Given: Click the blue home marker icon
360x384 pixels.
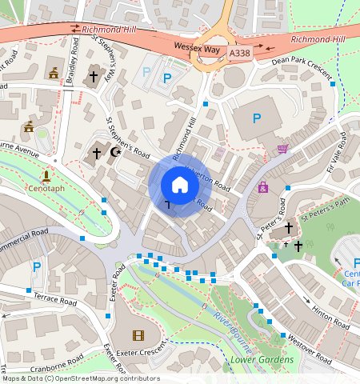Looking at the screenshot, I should pos(180,185).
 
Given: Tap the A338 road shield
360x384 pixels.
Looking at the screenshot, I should pos(239,53).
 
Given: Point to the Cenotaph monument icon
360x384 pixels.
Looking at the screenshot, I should pos(46,175).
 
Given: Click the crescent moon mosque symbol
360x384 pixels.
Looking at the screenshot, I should pos(116,151).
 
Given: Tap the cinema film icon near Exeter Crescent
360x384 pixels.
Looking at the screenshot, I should pos(140,335).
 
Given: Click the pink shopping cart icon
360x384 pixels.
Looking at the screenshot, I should pos(282,149).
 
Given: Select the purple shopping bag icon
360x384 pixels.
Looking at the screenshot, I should pos(262,187).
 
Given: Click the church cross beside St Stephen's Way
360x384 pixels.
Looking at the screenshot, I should pos(94,77).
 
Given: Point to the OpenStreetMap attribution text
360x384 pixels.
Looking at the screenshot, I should pos(80,378).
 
